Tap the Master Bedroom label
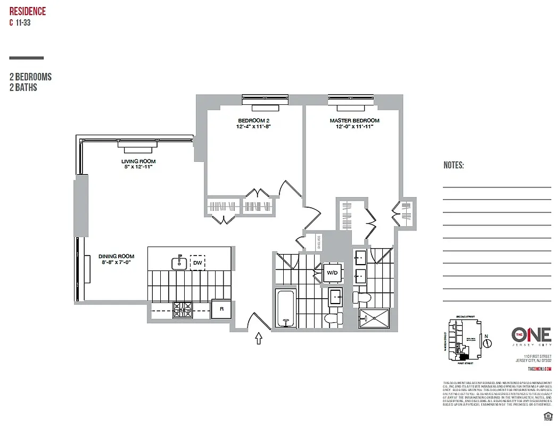point(354,121)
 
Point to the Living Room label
point(138,161)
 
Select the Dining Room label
point(116,256)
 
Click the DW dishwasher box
point(197,263)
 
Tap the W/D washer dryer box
point(331,274)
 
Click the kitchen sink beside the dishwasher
point(179,262)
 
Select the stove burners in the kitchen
point(183,310)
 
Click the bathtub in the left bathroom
point(285,308)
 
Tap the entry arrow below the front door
point(260,339)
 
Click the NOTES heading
point(454,166)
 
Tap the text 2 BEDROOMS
point(30,77)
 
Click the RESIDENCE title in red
point(27,11)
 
